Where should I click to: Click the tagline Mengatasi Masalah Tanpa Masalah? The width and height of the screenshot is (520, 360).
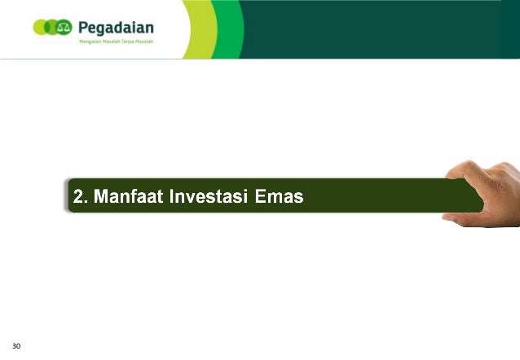click(116, 41)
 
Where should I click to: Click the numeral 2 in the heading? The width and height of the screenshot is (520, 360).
click(78, 196)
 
